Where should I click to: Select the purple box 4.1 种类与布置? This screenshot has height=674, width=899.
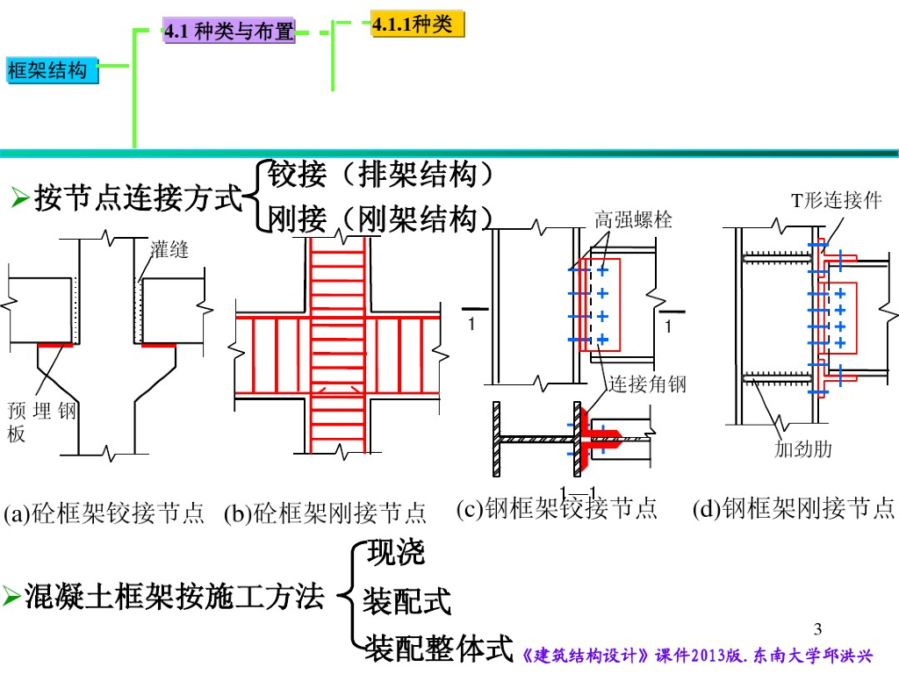[x=228, y=32]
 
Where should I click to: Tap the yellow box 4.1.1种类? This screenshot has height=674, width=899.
[x=416, y=25]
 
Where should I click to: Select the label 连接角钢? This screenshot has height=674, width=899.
[x=647, y=384]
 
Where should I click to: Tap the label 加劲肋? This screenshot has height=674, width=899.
[x=802, y=450]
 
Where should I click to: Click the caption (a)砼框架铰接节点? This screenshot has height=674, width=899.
[x=104, y=513]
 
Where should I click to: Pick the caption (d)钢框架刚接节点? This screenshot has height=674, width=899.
[x=794, y=508]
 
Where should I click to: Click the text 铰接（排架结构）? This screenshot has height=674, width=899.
[x=379, y=175]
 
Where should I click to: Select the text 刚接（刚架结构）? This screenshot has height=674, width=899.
[x=379, y=219]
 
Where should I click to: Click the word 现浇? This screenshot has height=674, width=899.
[x=396, y=553]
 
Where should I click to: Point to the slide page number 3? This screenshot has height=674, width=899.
[x=818, y=629]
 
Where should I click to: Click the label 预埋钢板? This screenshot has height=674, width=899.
[x=41, y=421]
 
